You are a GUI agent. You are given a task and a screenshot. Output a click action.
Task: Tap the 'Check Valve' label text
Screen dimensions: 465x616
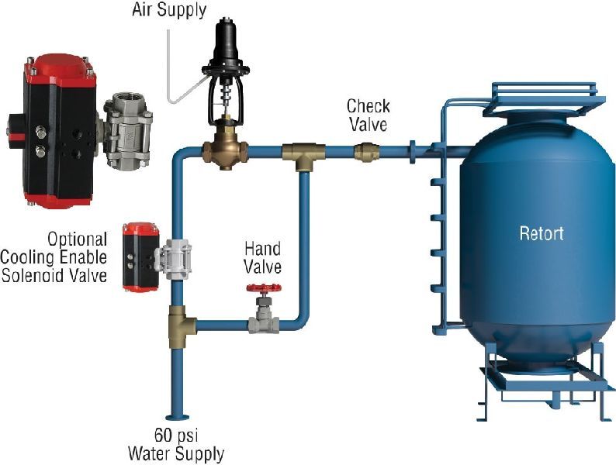click(x=368, y=115)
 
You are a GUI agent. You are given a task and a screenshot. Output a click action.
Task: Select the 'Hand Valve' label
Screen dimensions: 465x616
click(x=263, y=259)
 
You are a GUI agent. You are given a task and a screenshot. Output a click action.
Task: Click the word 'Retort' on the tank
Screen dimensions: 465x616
click(x=541, y=233)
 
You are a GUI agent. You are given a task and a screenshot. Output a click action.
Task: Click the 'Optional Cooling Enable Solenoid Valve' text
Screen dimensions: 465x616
click(x=54, y=256)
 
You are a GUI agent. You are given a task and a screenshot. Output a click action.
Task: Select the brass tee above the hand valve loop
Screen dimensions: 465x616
click(x=303, y=154)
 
